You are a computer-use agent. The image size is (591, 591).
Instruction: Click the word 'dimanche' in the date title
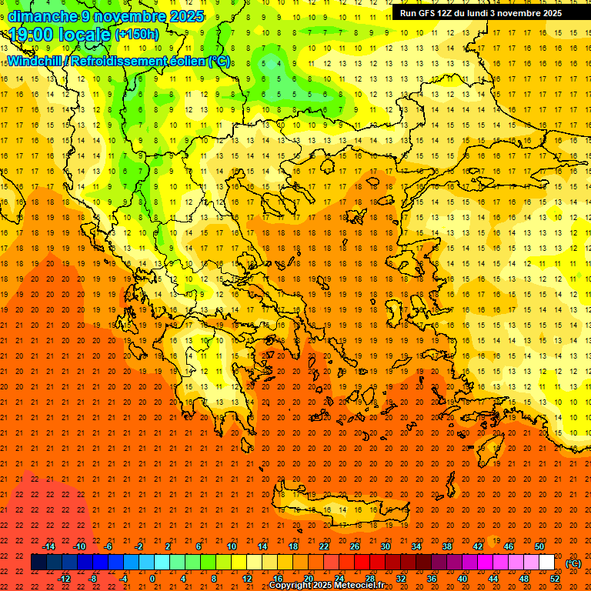(x=42, y=16)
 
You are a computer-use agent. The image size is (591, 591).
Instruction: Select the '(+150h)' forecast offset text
(x=137, y=35)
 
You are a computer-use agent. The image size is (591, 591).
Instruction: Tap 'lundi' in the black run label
(x=503, y=13)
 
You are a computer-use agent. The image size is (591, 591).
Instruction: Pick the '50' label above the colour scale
(x=539, y=546)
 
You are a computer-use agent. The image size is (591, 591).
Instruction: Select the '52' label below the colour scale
(x=555, y=579)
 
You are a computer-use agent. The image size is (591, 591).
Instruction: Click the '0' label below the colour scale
(x=152, y=579)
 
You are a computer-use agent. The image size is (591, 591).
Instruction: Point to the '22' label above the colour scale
(x=324, y=546)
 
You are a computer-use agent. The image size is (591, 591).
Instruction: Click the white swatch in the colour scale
(x=546, y=563)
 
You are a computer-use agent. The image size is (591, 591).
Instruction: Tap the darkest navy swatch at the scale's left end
(x=38, y=563)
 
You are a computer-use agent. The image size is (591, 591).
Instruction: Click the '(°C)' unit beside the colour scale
(x=573, y=563)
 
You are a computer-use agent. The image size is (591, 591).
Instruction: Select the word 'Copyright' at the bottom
(x=293, y=586)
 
